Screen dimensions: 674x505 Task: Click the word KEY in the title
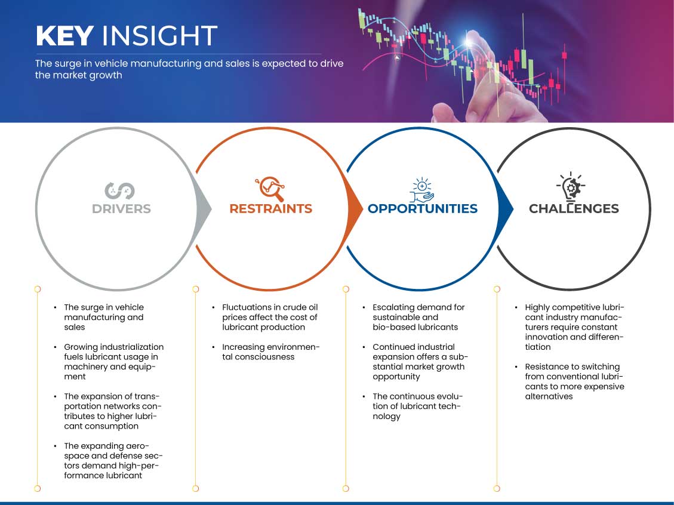pos(65,36)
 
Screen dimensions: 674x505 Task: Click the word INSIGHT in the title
pos(159,36)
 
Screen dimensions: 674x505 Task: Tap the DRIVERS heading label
pos(121,209)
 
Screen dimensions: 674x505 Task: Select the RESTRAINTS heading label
pos(271,209)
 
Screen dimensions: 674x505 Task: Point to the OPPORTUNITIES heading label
pos(423,209)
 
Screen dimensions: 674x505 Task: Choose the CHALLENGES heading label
pos(574,209)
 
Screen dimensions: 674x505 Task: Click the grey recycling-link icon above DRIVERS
pos(119,191)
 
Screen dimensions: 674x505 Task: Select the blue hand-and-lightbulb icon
pos(421,190)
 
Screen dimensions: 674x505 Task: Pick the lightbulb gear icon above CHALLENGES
pos(571,186)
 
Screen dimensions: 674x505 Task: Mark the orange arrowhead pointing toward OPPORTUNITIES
pos(355,209)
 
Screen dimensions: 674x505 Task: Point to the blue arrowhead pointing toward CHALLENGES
pos(506,209)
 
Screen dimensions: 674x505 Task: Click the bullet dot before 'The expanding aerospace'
pos(55,446)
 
